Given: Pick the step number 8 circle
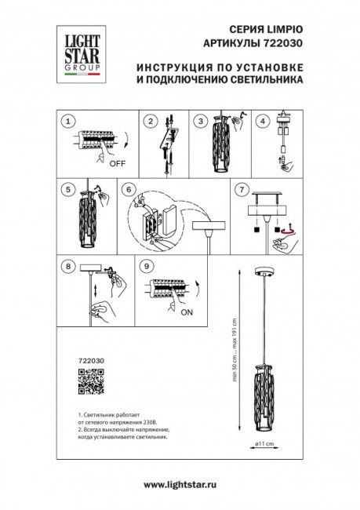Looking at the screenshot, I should coord(68,267).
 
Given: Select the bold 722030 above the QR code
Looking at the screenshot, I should coord(93,361).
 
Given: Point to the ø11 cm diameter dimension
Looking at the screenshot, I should coord(263,444).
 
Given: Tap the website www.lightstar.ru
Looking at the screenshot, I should coord(180,484).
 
